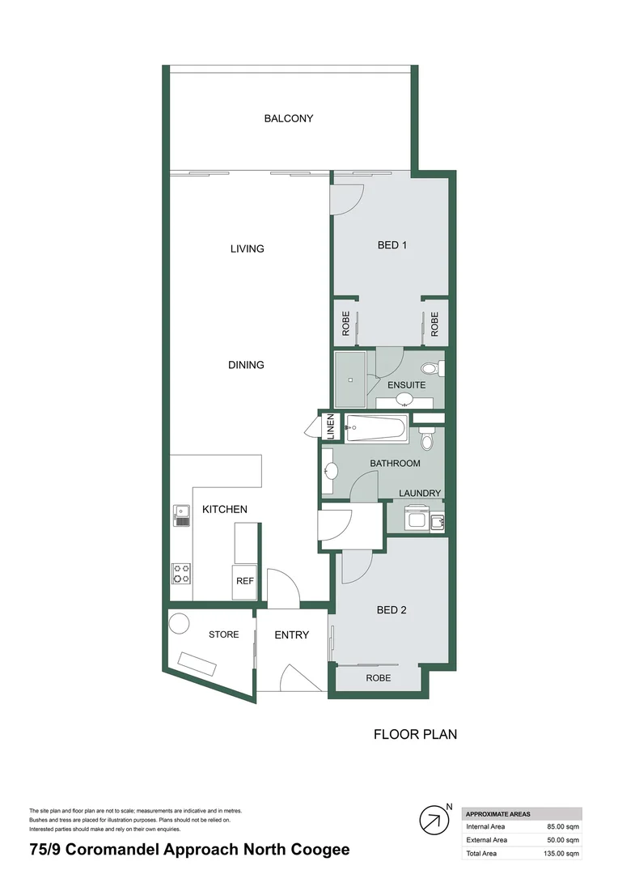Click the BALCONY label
(289, 118)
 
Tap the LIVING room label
(248, 248)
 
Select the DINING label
(246, 365)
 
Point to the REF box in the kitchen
(245, 581)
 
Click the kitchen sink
(181, 515)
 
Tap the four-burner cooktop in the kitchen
(181, 573)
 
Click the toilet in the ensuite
(430, 369)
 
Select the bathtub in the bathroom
(375, 427)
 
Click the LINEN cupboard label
(330, 426)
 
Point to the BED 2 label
(392, 610)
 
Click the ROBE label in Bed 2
(379, 678)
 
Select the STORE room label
(224, 634)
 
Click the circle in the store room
(179, 624)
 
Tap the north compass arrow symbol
(434, 821)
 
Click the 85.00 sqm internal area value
(563, 826)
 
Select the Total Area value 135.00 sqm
(561, 854)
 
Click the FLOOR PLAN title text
(415, 735)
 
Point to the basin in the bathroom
(329, 472)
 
